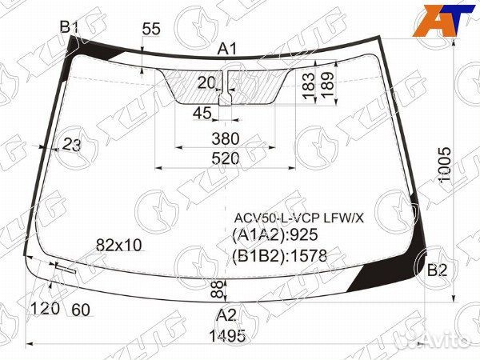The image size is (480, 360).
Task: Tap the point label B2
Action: click(x=437, y=270)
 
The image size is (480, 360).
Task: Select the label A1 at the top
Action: click(x=228, y=50)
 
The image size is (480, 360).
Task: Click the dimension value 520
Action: click(x=226, y=159)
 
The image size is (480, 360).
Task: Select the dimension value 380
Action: click(x=226, y=138)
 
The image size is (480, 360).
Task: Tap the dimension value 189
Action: click(x=326, y=86)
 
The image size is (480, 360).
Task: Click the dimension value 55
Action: click(x=151, y=30)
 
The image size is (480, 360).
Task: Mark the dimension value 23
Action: click(x=72, y=145)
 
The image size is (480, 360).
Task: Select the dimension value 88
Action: click(x=214, y=287)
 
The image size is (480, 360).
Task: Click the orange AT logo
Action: click(x=441, y=20)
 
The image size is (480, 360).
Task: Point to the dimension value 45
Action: click(x=202, y=112)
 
